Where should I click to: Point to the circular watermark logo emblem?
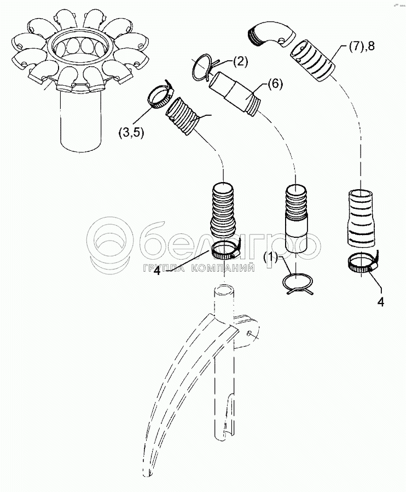coord(113,241)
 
